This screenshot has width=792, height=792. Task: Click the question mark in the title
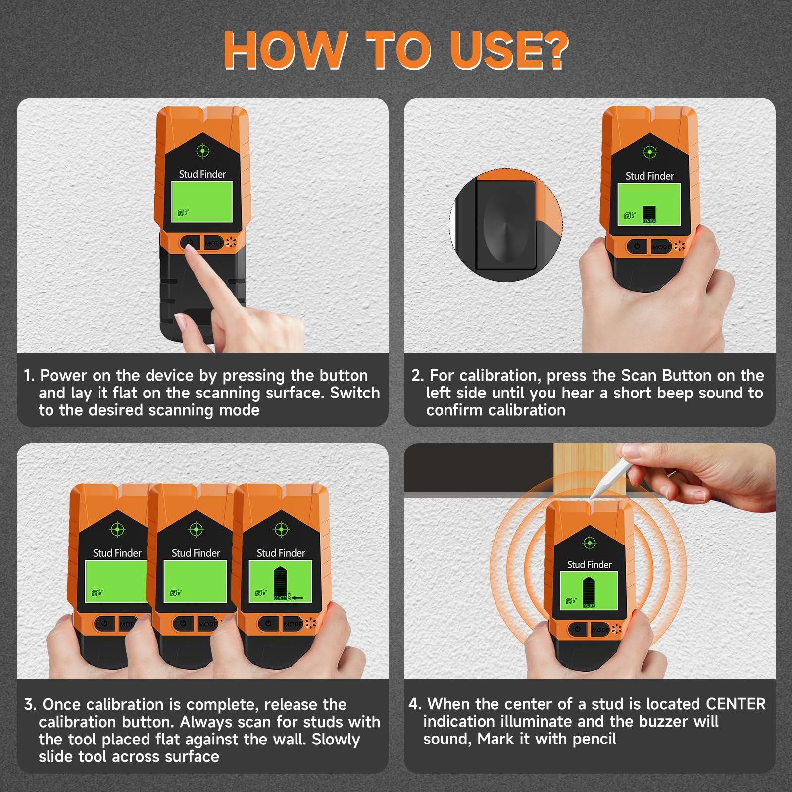point(550,50)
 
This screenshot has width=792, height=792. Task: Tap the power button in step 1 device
point(189,243)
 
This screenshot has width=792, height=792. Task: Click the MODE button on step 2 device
point(661,247)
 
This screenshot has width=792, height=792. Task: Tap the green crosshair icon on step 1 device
point(202,150)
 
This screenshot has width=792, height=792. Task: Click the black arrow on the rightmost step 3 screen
point(297,598)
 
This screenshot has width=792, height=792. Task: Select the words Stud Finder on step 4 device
point(589,565)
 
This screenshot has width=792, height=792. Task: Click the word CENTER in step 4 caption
point(736,704)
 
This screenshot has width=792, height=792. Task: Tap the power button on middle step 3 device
point(183,623)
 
